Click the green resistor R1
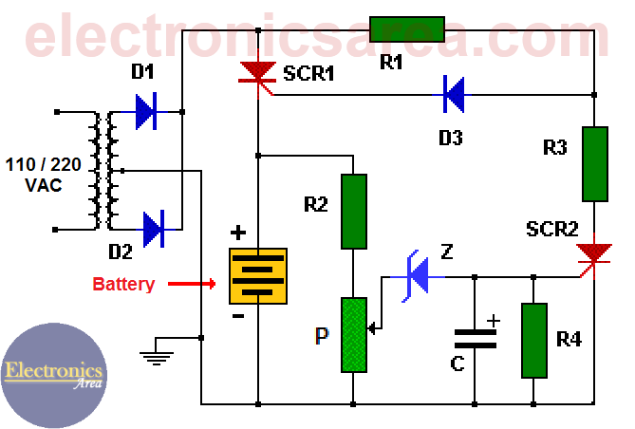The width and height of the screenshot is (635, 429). coord(406,29)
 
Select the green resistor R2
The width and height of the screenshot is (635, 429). coord(353,212)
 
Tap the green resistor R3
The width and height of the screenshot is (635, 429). coord(595,163)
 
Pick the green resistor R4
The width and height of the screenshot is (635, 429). coord(534,340)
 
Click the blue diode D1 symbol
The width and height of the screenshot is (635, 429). coord(145,112)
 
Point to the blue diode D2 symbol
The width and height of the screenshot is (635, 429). coord(153,229)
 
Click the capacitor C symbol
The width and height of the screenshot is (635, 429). coord(475,339)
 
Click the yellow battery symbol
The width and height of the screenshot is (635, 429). coord(258,275)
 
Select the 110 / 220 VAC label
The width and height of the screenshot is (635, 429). coord(44,174)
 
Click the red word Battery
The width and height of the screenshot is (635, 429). coord(123,284)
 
